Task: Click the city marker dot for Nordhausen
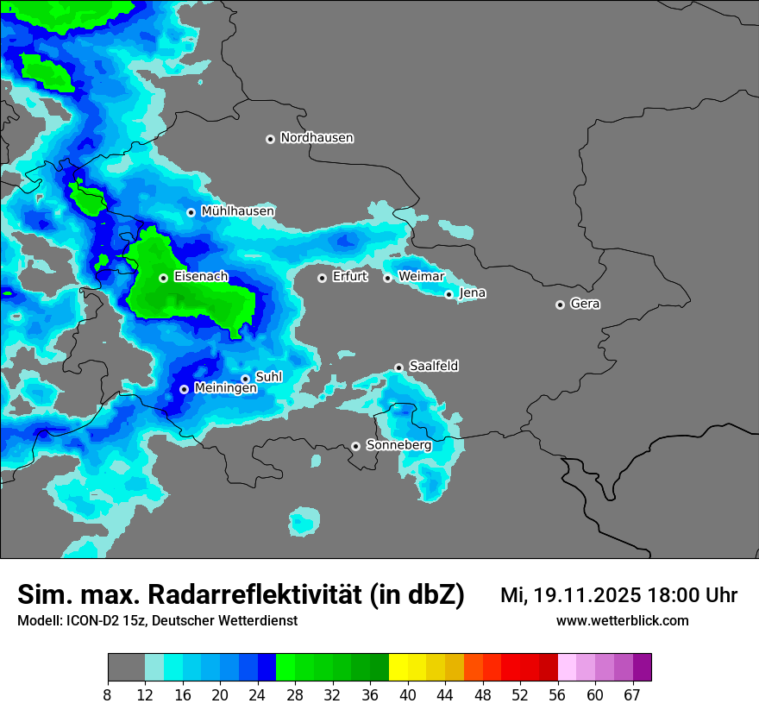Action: [x=270, y=139]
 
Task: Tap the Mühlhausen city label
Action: [x=238, y=211]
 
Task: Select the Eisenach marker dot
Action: [x=163, y=278]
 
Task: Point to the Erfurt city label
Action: [x=349, y=277]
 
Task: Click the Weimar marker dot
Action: [x=388, y=278]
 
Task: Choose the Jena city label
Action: [x=473, y=293]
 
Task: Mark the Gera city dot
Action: [x=560, y=305]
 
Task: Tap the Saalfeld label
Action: [x=434, y=367]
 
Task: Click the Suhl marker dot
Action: [x=245, y=379]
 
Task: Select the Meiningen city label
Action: [x=226, y=389]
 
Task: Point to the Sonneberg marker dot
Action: [x=355, y=447]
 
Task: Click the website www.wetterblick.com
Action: [x=622, y=621]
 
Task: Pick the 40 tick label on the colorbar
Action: [x=408, y=694]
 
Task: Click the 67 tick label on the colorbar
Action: [x=632, y=694]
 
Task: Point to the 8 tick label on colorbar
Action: [x=108, y=694]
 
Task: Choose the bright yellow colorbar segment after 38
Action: [x=398, y=668]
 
